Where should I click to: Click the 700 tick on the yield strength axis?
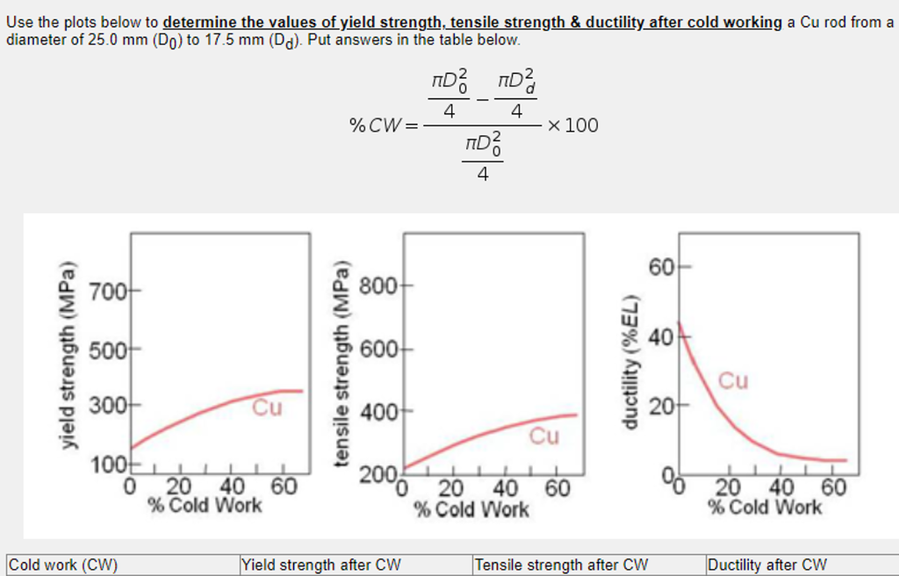point(111,290)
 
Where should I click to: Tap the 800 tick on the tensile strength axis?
point(384,286)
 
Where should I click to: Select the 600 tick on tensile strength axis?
point(384,349)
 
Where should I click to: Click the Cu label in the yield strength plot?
point(268,407)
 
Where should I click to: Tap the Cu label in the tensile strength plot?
point(543,436)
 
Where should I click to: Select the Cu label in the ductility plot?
point(733,380)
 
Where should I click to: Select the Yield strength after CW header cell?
point(321,565)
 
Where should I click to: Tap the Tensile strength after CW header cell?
point(562,565)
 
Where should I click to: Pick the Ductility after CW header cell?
point(767,565)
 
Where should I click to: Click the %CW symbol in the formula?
point(377,126)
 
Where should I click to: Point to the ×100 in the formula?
point(572,126)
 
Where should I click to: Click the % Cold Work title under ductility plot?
point(765,508)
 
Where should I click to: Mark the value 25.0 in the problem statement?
point(104,40)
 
